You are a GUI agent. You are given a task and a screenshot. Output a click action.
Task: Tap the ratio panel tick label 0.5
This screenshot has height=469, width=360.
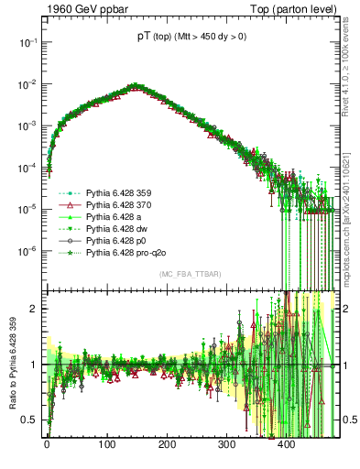31,420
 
